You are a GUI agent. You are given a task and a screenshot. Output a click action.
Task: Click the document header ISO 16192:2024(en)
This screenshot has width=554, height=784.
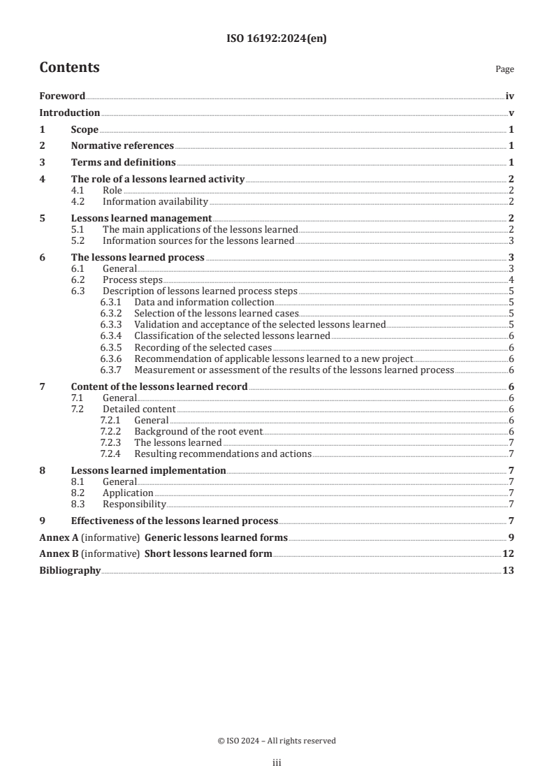click(x=277, y=39)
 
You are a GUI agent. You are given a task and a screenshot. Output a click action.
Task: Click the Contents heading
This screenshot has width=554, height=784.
click(x=69, y=68)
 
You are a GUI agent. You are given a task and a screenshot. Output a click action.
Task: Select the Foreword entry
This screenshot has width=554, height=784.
click(x=62, y=96)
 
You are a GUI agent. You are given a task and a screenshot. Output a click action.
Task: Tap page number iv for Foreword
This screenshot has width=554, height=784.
click(x=510, y=96)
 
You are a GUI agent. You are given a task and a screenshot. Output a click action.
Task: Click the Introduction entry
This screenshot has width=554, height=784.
click(x=69, y=112)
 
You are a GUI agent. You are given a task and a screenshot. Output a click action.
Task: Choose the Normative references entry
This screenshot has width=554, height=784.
click(x=122, y=146)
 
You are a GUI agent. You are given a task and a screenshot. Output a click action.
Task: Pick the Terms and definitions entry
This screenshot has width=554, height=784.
click(x=123, y=163)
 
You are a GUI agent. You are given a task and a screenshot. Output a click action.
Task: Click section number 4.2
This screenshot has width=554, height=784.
click(x=78, y=202)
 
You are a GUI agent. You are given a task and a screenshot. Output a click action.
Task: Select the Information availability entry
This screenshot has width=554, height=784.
click(x=155, y=202)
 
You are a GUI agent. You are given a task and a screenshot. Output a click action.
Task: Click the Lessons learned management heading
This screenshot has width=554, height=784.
click(x=141, y=218)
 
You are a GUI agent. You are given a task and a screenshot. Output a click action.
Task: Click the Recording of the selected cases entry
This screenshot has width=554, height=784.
click(x=203, y=347)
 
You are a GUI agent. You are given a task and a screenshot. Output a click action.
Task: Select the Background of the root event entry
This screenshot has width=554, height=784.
click(x=198, y=431)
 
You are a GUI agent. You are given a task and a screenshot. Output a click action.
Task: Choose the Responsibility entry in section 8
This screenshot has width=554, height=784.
click(x=134, y=504)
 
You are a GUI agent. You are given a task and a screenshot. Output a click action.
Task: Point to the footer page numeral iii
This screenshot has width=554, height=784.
click(x=277, y=764)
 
